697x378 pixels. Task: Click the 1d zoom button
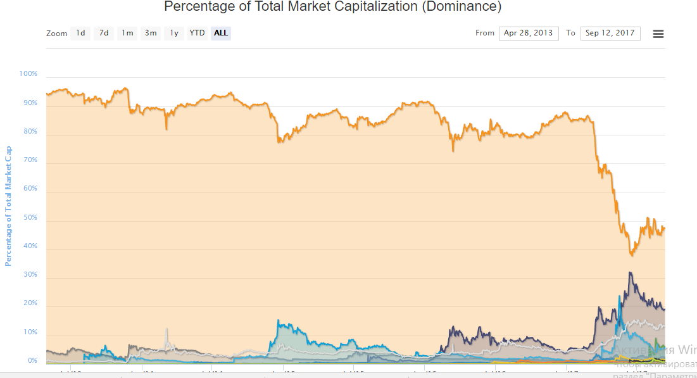click(x=80, y=33)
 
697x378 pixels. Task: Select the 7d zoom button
click(x=104, y=33)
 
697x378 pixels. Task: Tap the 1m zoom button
click(x=127, y=33)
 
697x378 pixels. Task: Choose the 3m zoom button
click(x=151, y=33)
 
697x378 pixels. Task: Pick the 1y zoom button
click(x=174, y=33)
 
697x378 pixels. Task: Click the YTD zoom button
click(x=198, y=33)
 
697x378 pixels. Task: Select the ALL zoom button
click(x=221, y=33)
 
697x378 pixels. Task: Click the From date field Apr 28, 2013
click(x=529, y=33)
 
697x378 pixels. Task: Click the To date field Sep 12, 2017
click(x=610, y=33)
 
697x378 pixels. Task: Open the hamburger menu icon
click(x=658, y=34)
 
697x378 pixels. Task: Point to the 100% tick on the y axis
click(x=28, y=74)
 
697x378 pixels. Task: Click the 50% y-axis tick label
click(x=30, y=218)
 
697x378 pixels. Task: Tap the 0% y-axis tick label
click(x=32, y=361)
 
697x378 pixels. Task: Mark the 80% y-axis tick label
click(x=30, y=132)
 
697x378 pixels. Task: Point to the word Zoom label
click(x=56, y=34)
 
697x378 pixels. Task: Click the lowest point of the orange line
click(x=631, y=255)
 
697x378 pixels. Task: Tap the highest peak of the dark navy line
click(x=630, y=273)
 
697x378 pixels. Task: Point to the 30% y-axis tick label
click(x=30, y=275)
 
